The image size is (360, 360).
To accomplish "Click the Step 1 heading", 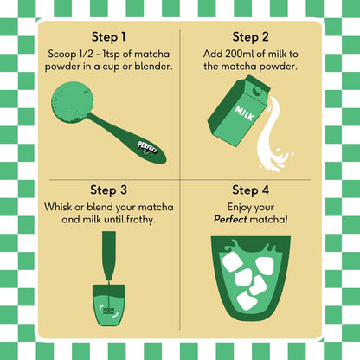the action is click(x=108, y=37).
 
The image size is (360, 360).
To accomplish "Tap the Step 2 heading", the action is click(x=250, y=37).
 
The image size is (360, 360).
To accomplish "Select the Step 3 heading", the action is click(x=108, y=190).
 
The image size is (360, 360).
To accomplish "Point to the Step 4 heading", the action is click(x=250, y=190).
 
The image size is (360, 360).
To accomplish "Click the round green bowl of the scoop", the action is click(x=72, y=102).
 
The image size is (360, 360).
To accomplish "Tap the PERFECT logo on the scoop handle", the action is click(x=147, y=148).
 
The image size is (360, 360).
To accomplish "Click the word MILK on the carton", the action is click(x=245, y=113).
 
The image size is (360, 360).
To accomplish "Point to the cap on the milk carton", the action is click(x=257, y=91).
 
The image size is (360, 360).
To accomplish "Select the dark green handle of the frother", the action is click(x=109, y=255).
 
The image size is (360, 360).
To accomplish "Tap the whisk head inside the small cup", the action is click(x=109, y=311).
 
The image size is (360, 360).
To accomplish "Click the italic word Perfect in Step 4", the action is click(x=230, y=220).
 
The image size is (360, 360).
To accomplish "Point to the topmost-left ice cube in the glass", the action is click(x=233, y=262).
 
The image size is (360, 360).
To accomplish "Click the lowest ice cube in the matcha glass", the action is click(x=247, y=300).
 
